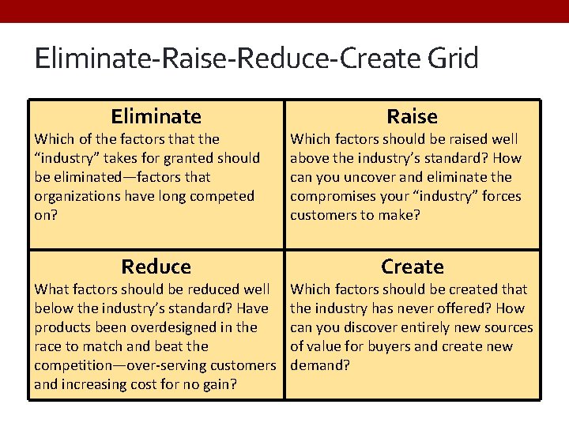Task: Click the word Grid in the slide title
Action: tap(453, 58)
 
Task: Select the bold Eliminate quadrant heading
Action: tap(156, 116)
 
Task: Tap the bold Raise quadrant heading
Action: tap(413, 116)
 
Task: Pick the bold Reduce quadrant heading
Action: tap(156, 267)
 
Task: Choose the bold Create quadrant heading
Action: tap(413, 267)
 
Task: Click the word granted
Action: tap(188, 159)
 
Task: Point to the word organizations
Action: tap(77, 197)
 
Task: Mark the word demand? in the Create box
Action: tap(320, 365)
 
